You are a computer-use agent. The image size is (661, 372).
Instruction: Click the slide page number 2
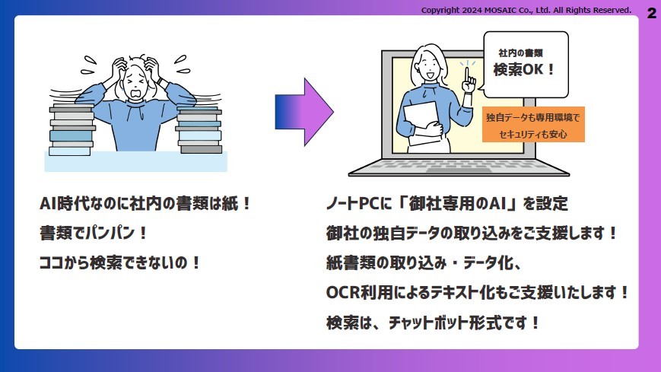pyautogui.click(x=651, y=13)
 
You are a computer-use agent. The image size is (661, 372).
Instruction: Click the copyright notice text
pyautogui.click(x=526, y=10)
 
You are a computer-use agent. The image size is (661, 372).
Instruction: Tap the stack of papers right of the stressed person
pyautogui.click(x=199, y=129)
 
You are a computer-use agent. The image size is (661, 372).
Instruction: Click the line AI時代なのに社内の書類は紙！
pyautogui.click(x=145, y=205)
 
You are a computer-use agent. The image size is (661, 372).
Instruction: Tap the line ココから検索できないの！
pyautogui.click(x=120, y=262)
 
